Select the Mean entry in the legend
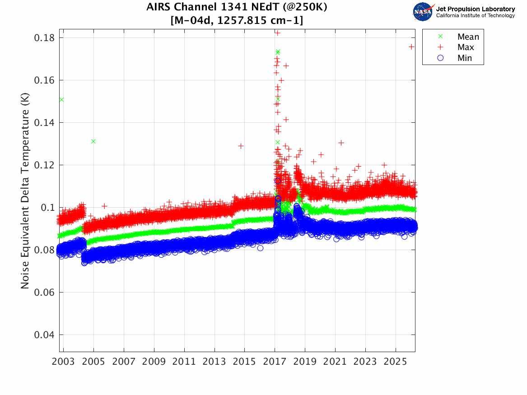[x=468, y=37]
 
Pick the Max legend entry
[x=465, y=47]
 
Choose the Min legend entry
[x=464, y=58]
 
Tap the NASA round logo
[x=423, y=12]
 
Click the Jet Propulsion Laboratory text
[x=476, y=9]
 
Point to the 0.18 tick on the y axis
[x=44, y=38]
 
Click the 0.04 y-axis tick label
[x=44, y=335]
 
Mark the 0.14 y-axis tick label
[x=44, y=123]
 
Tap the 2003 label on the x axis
[x=64, y=362]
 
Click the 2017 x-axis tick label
[x=275, y=362]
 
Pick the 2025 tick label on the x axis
[x=396, y=362]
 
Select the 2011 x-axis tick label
[x=184, y=362]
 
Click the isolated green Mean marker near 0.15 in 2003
[x=61, y=99]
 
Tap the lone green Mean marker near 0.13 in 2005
[x=93, y=141]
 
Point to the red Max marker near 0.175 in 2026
[x=411, y=46]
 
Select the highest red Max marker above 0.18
[x=278, y=33]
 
